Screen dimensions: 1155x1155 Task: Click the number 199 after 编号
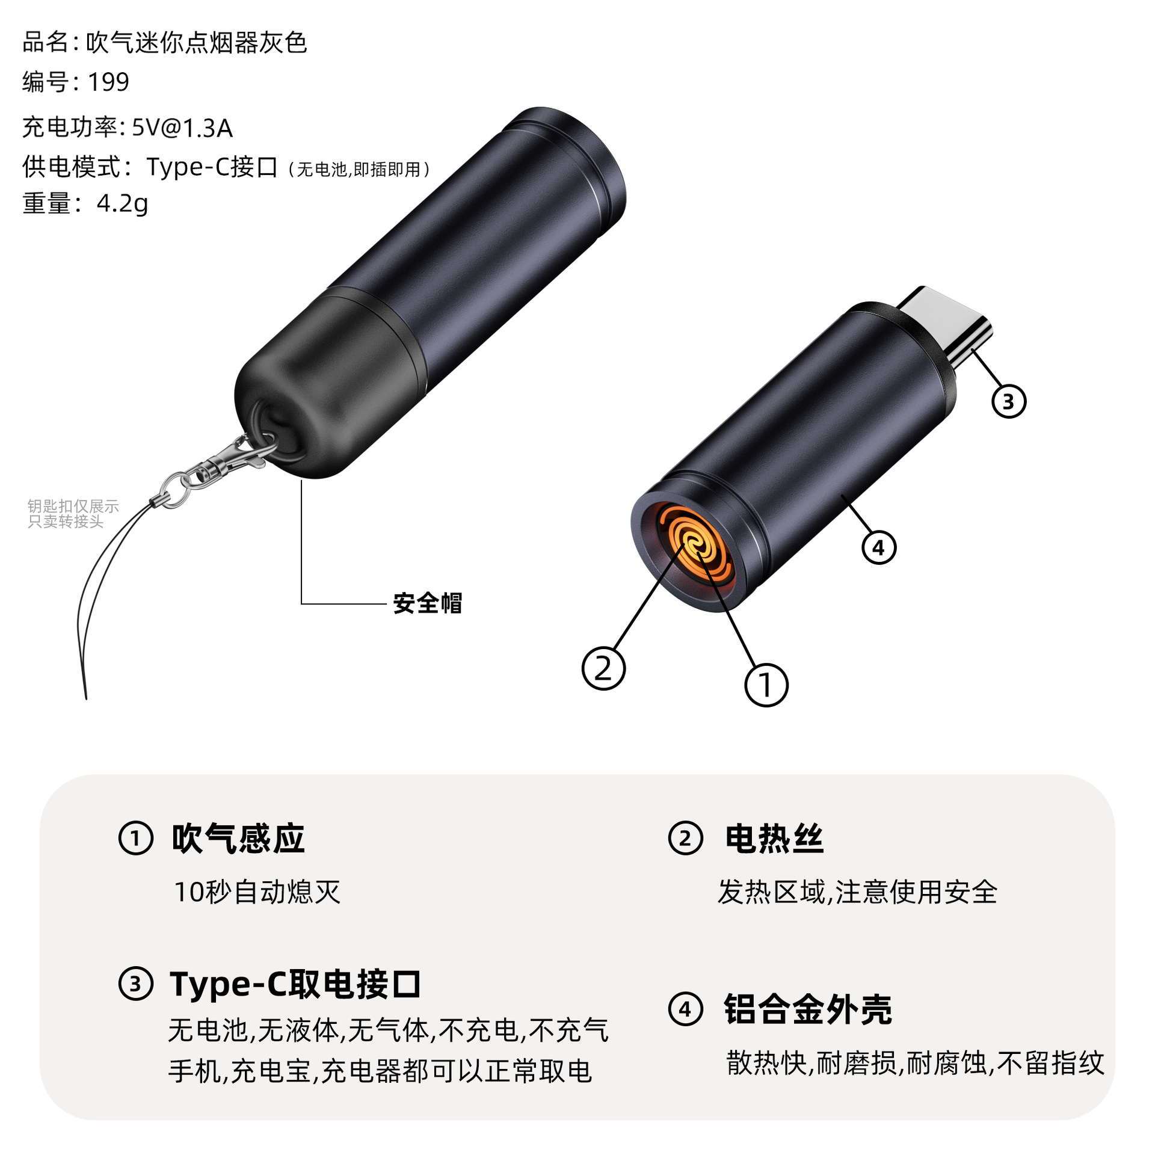(108, 82)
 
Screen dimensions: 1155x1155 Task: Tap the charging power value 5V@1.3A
(182, 128)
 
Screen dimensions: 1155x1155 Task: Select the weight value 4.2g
(122, 203)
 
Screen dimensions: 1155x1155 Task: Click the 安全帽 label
(427, 603)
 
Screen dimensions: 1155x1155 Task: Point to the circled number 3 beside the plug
(1008, 401)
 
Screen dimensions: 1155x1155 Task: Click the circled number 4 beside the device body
(878, 547)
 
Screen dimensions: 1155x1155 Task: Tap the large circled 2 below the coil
(603, 668)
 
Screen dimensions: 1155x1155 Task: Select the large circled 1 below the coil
(766, 685)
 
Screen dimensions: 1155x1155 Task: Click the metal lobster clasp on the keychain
(232, 457)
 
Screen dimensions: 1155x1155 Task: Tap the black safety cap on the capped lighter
(325, 385)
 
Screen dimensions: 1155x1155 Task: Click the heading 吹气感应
(238, 839)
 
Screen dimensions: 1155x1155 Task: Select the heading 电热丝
(774, 839)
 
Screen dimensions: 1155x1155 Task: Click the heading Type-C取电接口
(295, 985)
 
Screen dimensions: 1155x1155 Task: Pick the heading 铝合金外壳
(807, 1009)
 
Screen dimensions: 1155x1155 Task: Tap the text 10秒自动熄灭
(257, 892)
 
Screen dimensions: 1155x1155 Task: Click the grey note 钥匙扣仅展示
(73, 507)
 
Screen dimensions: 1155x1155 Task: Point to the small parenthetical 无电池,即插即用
(359, 170)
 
